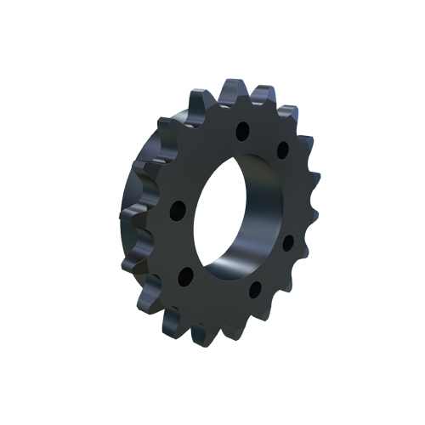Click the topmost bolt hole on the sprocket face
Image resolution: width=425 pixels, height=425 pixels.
pos(242,132)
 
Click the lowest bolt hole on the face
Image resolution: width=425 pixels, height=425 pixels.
pos(254,291)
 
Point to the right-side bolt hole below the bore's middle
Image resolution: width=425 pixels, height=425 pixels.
pos(287,243)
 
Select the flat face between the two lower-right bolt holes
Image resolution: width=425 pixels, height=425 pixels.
pos(274,270)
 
